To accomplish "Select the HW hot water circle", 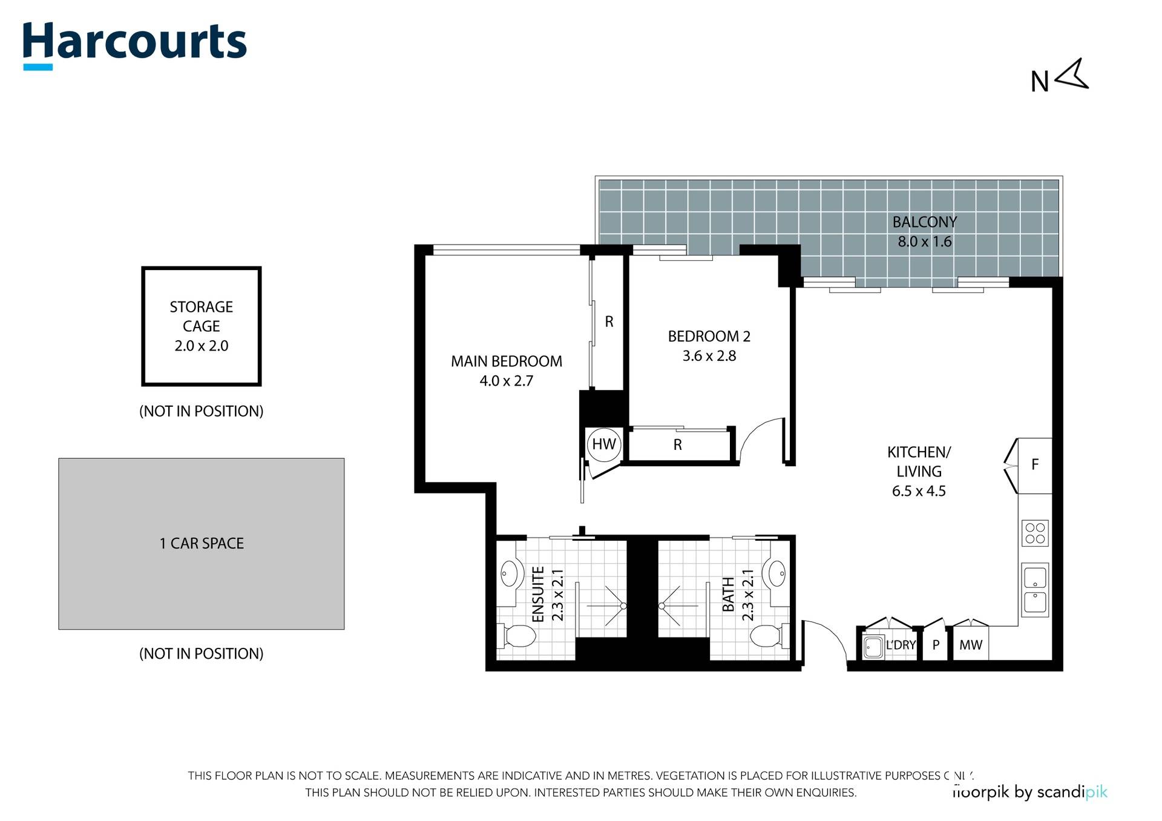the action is click(x=603, y=444).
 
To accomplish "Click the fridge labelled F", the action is click(x=1035, y=465).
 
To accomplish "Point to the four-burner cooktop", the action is click(x=1035, y=533).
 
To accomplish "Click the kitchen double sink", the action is click(x=1035, y=590).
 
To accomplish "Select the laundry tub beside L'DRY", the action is click(x=872, y=647).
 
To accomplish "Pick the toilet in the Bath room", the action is click(x=767, y=636).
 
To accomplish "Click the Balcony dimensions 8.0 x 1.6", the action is click(x=925, y=242).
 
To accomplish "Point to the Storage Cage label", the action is click(x=202, y=317).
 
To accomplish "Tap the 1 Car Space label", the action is click(x=202, y=544).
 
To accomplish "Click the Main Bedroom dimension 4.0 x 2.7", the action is click(x=507, y=381).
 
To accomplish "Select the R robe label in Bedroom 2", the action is click(x=678, y=445).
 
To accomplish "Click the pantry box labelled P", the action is click(x=936, y=645).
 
